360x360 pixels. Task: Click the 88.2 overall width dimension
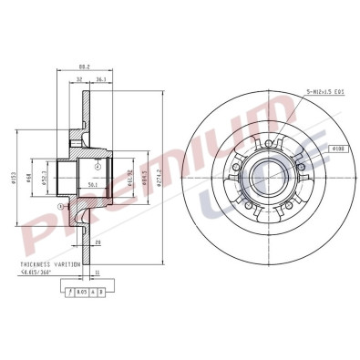(85, 67)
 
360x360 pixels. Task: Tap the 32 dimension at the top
(79, 79)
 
